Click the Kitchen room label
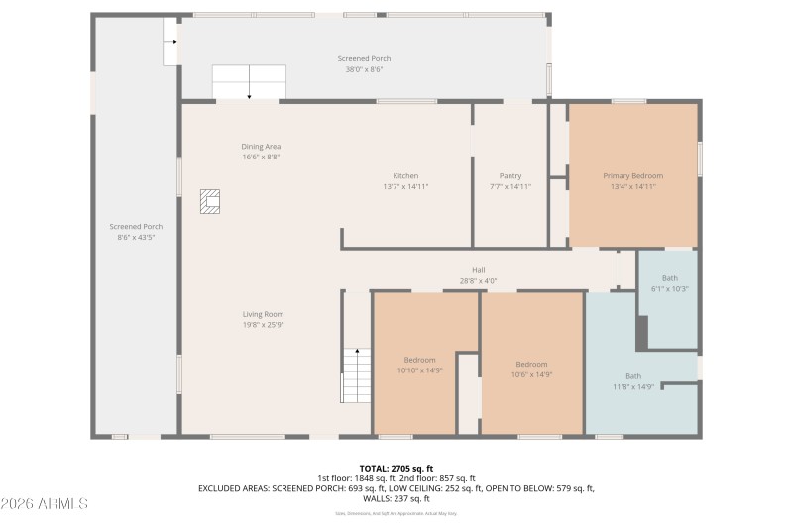[405, 175]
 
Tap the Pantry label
[510, 175]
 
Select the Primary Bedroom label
[632, 175]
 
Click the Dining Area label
[261, 146]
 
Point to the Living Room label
[263, 314]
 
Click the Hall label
[478, 269]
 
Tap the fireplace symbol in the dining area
[210, 202]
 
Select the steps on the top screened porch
[249, 81]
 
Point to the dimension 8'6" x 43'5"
[136, 238]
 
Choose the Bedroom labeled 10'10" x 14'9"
[419, 364]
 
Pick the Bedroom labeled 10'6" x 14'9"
[531, 364]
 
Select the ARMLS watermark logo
[45, 504]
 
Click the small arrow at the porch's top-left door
[171, 42]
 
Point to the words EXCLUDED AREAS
[234, 488]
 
